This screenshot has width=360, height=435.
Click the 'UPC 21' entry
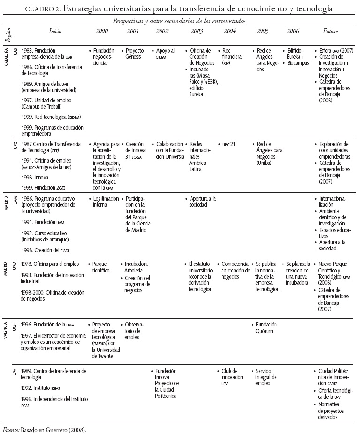pos(229,144)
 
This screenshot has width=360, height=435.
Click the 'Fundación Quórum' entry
pos(267,327)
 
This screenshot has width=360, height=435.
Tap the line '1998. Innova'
pos(35,178)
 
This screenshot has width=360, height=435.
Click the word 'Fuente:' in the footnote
pos(10,430)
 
